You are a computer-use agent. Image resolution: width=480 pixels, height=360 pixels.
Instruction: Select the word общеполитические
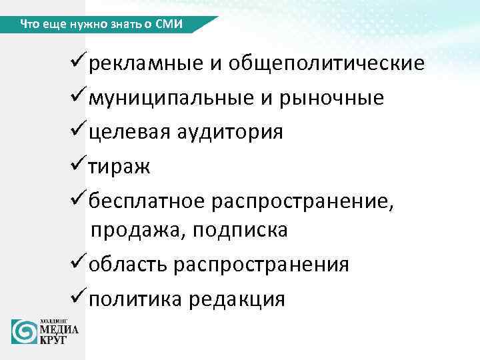pos(327,64)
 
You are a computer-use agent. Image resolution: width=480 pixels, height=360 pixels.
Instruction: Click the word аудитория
pos(229,132)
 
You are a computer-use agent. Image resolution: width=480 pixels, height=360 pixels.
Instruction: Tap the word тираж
pos(120,166)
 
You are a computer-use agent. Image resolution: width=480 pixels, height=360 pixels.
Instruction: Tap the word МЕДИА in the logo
pos(59,329)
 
